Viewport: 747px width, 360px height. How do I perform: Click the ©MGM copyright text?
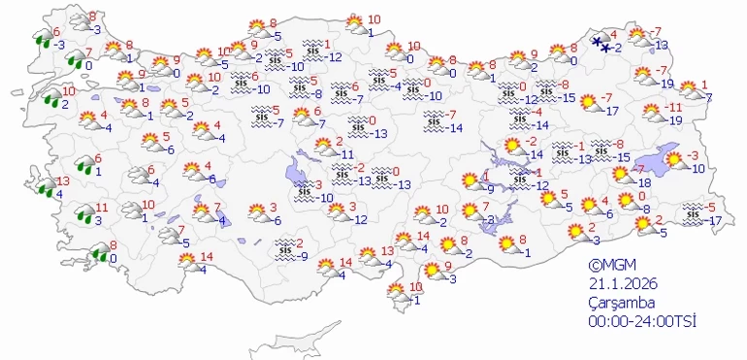610,265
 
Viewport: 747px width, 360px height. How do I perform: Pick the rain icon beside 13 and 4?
44,187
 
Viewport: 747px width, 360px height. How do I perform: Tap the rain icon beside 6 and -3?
43,39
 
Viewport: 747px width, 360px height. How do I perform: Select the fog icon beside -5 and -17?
693,213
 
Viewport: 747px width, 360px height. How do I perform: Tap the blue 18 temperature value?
644,182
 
